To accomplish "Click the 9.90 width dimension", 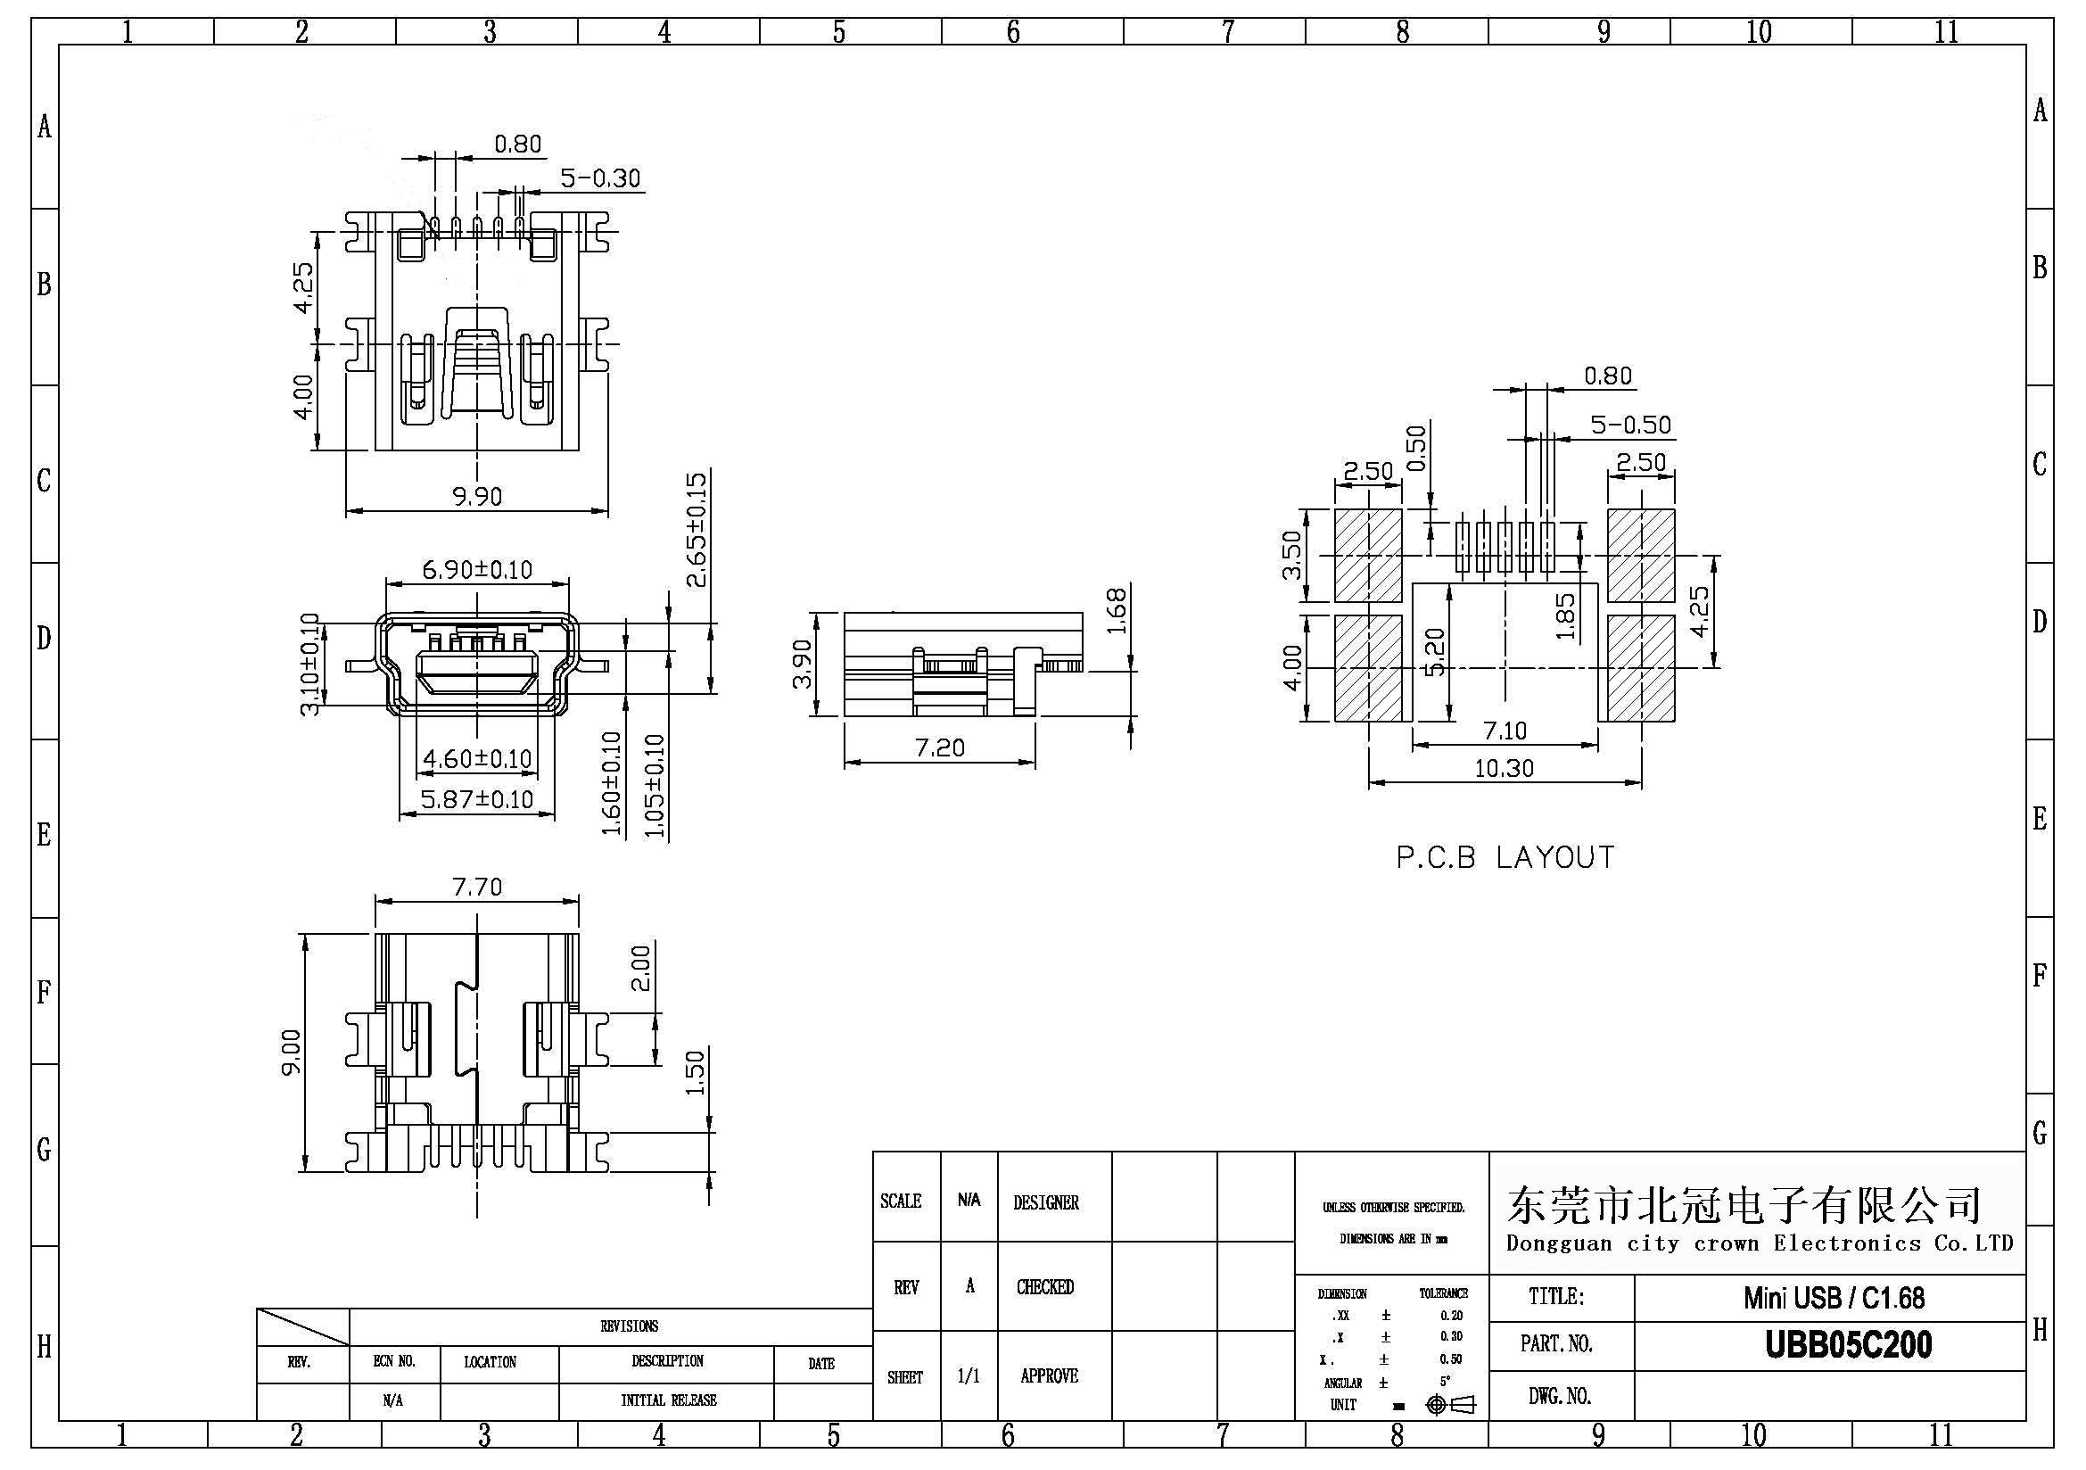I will tap(477, 496).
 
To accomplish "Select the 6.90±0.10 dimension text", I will tap(477, 570).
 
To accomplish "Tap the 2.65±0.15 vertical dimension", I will tap(697, 530).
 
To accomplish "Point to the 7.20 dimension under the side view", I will tap(939, 747).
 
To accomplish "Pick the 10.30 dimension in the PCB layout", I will tap(1504, 769).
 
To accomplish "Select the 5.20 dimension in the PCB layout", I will tap(1436, 652).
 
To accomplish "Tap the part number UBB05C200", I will tap(1848, 1345).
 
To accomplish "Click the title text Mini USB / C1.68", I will tap(1834, 1297).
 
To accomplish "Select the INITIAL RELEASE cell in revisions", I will tap(668, 1401).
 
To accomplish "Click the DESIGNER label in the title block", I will tap(1046, 1203).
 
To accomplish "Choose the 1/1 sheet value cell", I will tap(969, 1376).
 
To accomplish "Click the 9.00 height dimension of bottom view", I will tap(292, 1051).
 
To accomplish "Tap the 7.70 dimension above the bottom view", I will tap(477, 886).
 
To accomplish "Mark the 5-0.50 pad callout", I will tap(1631, 425).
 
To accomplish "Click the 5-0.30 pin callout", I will tap(600, 178).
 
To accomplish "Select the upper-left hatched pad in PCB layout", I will tap(1368, 555).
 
